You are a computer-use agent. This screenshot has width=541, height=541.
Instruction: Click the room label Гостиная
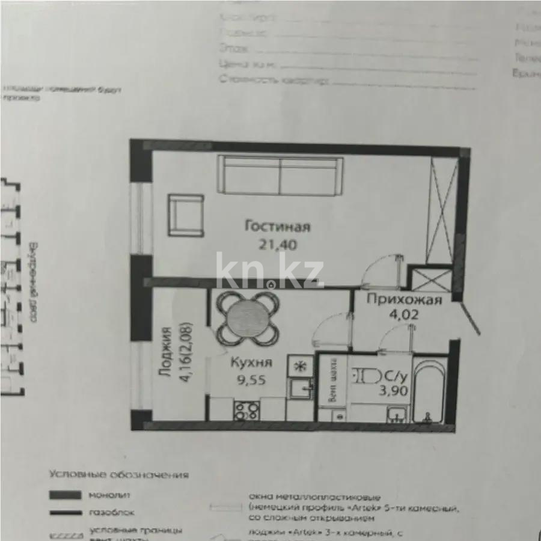(x=277, y=227)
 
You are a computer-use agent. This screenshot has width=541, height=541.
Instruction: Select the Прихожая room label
(x=405, y=299)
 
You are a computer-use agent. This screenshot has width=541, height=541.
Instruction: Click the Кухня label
(x=252, y=362)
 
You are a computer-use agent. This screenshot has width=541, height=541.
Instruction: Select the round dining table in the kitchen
(x=247, y=317)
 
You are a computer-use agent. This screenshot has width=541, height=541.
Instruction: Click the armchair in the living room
(x=186, y=215)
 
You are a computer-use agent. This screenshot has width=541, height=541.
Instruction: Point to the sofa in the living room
(x=280, y=175)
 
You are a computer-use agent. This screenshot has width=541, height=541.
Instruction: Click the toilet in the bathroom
(x=368, y=376)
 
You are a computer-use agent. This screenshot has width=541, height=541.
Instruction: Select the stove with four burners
(x=246, y=411)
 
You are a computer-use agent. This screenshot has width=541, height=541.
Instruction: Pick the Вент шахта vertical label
(x=331, y=380)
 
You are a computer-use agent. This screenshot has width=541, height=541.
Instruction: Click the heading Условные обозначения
(x=119, y=475)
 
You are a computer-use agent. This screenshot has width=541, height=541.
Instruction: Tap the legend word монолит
(x=110, y=495)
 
